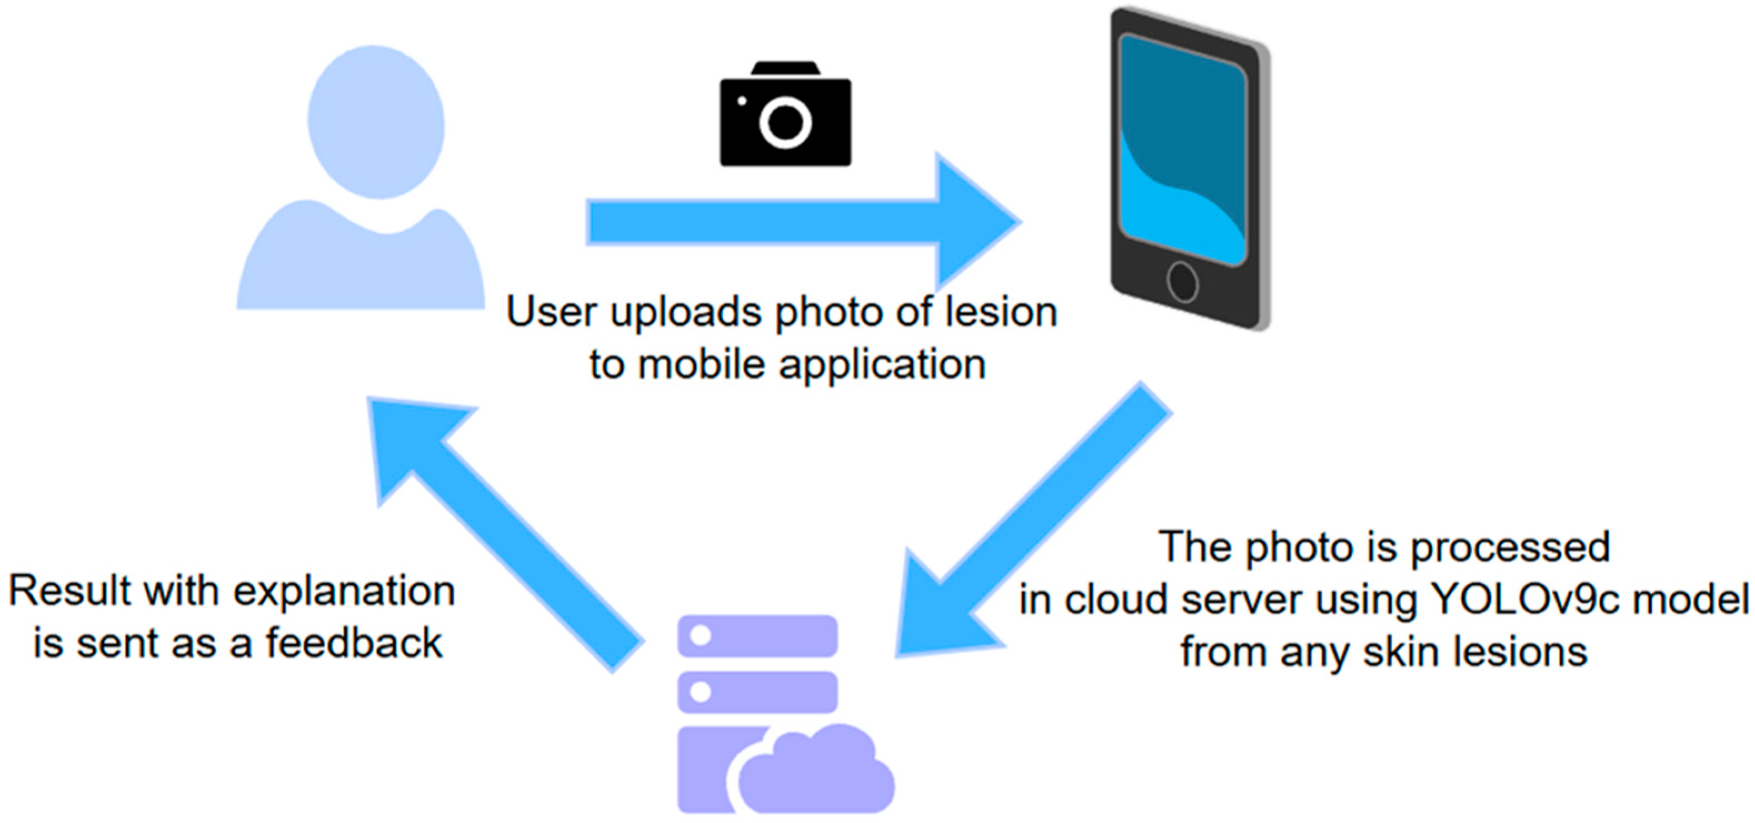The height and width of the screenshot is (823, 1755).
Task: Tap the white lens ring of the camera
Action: coord(785,123)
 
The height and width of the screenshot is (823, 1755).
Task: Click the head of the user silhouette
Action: coord(376,121)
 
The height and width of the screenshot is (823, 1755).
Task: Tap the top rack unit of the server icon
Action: coord(758,636)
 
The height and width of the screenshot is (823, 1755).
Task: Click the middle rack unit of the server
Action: coord(758,692)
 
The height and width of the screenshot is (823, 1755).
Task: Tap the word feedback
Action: coord(354,643)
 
